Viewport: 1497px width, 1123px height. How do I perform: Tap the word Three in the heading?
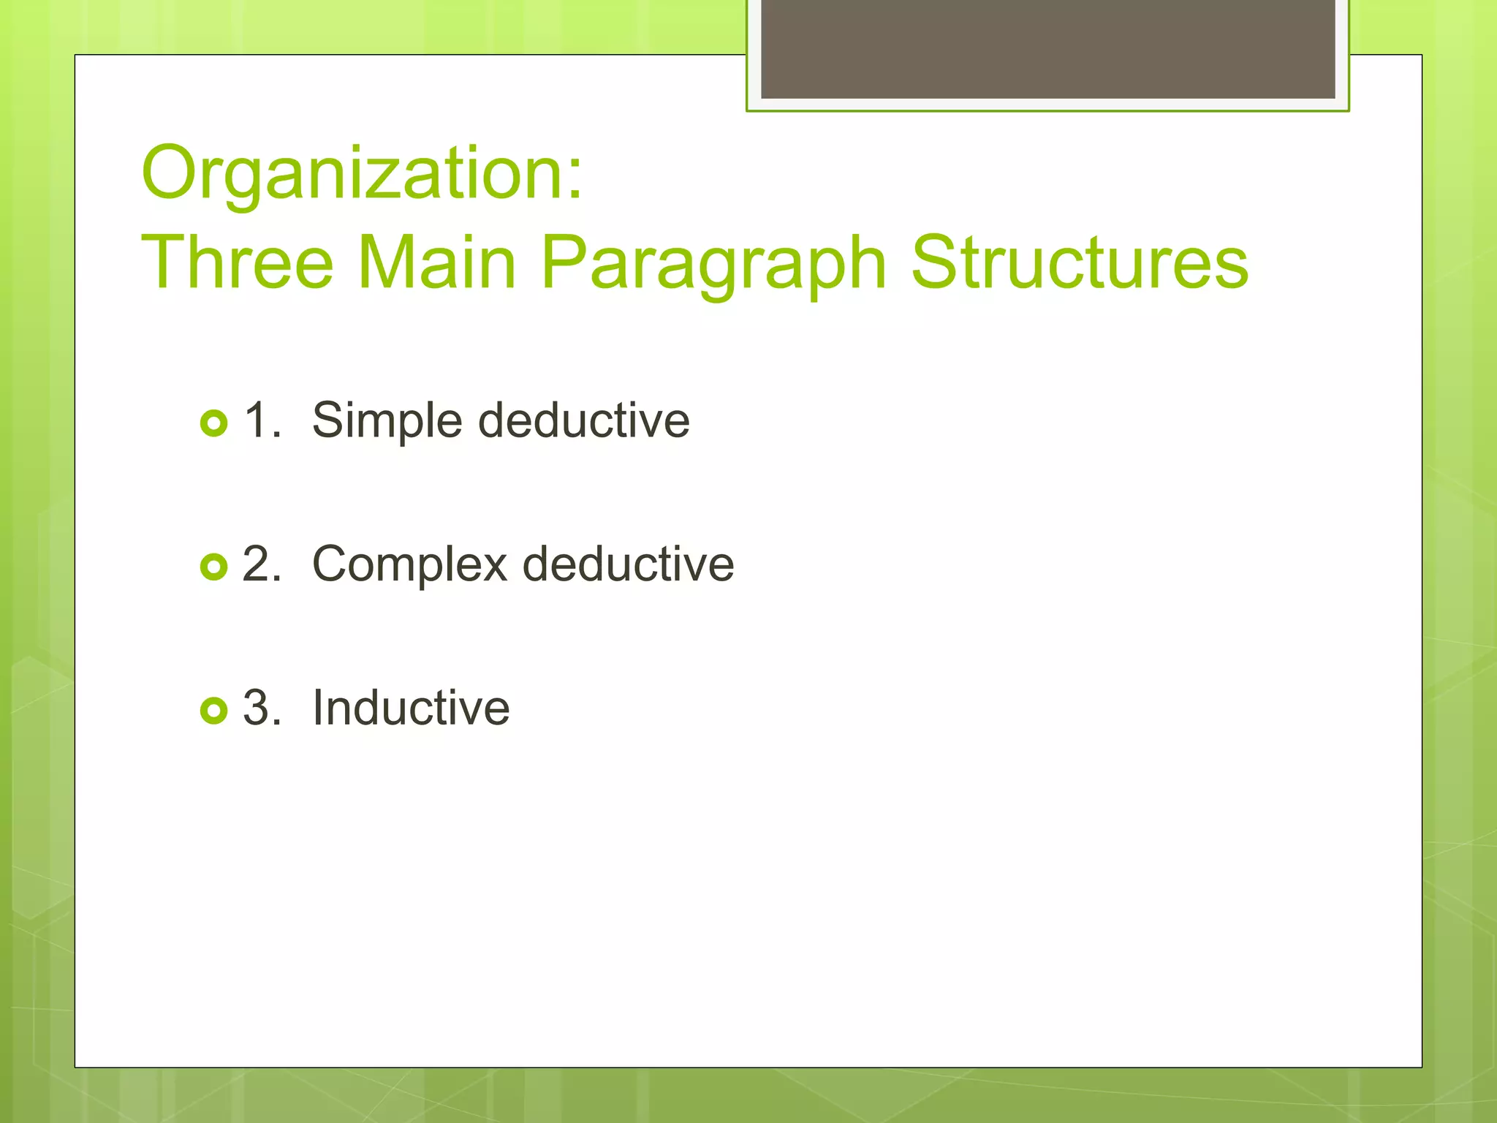(x=237, y=263)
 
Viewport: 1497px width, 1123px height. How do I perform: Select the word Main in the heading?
(x=436, y=263)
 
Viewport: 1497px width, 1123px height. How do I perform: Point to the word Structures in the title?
(x=1080, y=263)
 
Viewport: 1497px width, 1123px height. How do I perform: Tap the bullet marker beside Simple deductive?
(x=213, y=423)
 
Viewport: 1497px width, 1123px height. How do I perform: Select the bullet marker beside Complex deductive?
(x=213, y=567)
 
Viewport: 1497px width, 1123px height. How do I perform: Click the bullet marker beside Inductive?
(x=213, y=710)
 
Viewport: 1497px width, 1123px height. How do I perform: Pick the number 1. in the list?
(x=262, y=420)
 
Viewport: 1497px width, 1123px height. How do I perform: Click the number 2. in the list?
(x=262, y=564)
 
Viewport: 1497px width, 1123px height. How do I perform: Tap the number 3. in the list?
(x=262, y=708)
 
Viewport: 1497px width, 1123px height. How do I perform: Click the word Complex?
(x=409, y=565)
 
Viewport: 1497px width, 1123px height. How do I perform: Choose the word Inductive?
(x=411, y=708)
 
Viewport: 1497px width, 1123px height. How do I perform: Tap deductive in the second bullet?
(x=628, y=564)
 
